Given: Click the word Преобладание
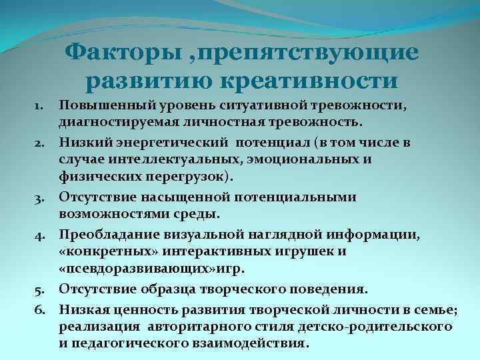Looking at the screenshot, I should [x=105, y=234].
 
